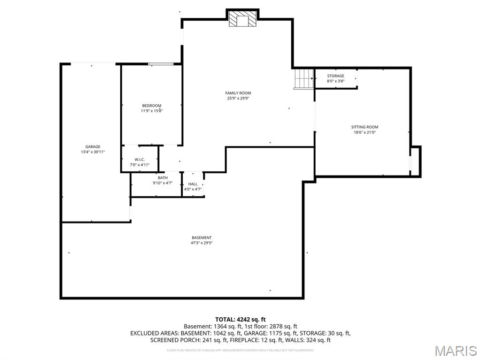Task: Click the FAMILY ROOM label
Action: pyautogui.click(x=238, y=93)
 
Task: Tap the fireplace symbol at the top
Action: pyautogui.click(x=243, y=20)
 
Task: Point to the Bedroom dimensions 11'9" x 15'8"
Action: pyautogui.click(x=152, y=111)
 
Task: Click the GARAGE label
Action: pyautogui.click(x=93, y=147)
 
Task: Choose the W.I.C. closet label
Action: pyautogui.click(x=139, y=160)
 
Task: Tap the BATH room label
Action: pyautogui.click(x=163, y=178)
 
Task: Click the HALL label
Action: pyautogui.click(x=193, y=184)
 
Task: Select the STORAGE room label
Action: pyautogui.click(x=335, y=76)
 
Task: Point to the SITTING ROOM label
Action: pyautogui.click(x=365, y=127)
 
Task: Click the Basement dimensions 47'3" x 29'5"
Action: pyautogui.click(x=202, y=243)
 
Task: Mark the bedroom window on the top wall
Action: pyautogui.click(x=161, y=64)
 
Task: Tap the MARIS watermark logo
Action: pyautogui.click(x=455, y=351)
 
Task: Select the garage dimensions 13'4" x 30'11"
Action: pyautogui.click(x=93, y=152)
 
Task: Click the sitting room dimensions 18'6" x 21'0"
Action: pyautogui.click(x=365, y=132)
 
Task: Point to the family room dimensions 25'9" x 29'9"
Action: pyautogui.click(x=238, y=98)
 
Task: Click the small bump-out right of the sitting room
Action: pyautogui.click(x=415, y=161)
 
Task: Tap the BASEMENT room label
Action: pyautogui.click(x=202, y=238)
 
